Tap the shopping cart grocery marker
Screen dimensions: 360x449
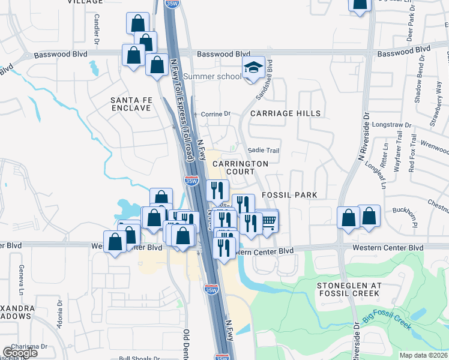tap(268, 221)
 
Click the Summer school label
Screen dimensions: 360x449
tap(212, 76)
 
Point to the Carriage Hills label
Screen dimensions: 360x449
tap(277, 113)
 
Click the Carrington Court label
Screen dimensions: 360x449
tap(240, 167)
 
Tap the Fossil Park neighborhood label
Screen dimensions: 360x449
tap(289, 196)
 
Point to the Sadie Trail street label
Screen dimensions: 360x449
tap(265, 151)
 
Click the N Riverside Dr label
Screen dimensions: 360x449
tap(362, 137)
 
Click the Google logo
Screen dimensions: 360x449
tap(20, 353)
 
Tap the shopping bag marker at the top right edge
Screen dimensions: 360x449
tap(359, 5)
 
